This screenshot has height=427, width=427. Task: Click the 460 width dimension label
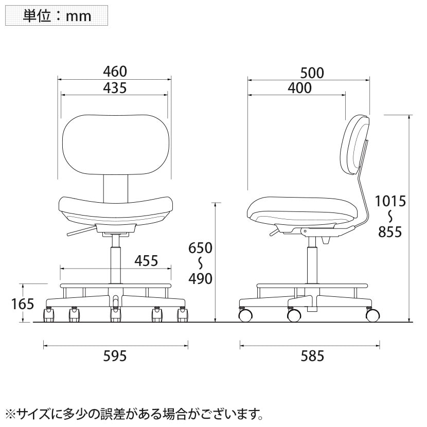point(115,72)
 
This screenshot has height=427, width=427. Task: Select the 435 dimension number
point(115,88)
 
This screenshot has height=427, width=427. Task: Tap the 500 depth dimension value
point(312,73)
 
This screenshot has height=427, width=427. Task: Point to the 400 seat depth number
point(299,88)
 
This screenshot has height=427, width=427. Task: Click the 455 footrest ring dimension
point(146,261)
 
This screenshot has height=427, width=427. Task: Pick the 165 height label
point(23,304)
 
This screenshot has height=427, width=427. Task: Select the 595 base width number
point(115,356)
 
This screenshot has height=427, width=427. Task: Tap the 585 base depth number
point(312,356)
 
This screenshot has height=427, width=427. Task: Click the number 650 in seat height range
point(201,248)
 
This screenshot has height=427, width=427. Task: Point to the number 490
point(201,279)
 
